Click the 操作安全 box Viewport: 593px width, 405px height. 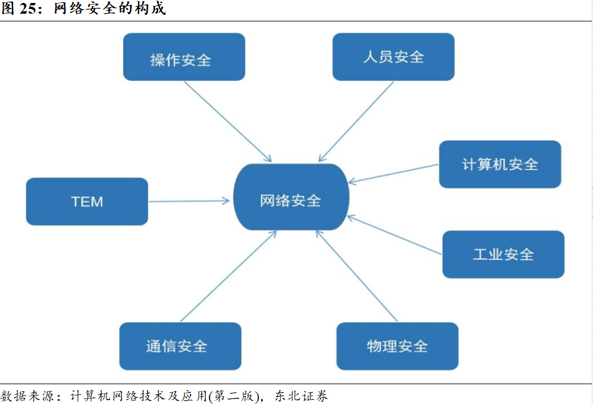tap(184, 57)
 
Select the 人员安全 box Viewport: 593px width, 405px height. tap(393, 57)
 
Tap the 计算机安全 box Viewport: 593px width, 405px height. tap(500, 164)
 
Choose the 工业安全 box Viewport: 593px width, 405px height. tap(503, 255)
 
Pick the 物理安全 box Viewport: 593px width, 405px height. tap(397, 346)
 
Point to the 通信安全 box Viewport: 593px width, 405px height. tap(180, 346)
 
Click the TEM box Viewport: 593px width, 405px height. tap(87, 202)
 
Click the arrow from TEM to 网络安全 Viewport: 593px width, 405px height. tap(189, 201)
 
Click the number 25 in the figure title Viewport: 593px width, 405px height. tap(29, 10)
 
